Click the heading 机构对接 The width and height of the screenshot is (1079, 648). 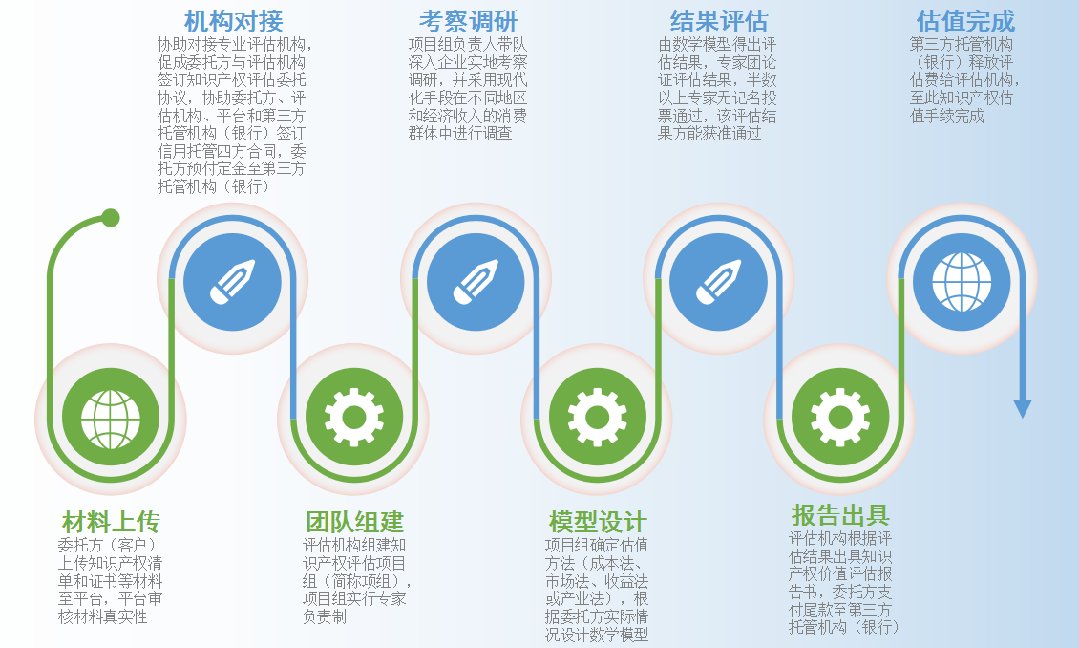click(x=233, y=21)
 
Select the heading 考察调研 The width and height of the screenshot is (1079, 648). click(x=468, y=21)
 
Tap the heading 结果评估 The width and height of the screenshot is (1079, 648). click(x=718, y=21)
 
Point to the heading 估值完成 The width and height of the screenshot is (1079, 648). click(x=965, y=21)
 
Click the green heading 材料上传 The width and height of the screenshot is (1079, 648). click(x=111, y=522)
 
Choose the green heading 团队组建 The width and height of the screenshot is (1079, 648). click(x=354, y=522)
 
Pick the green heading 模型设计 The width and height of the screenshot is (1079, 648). click(x=598, y=522)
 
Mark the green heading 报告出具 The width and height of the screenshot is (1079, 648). click(x=840, y=515)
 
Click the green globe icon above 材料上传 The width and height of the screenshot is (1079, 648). click(x=111, y=418)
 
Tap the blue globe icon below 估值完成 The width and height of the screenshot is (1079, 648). click(x=962, y=282)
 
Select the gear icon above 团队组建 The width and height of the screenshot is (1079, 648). click(x=354, y=417)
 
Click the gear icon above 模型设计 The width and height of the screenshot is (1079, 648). click(x=598, y=417)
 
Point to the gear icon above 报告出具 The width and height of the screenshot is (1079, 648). click(x=840, y=417)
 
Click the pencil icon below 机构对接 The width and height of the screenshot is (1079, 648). click(x=233, y=282)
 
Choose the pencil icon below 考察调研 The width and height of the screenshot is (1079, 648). click(x=476, y=282)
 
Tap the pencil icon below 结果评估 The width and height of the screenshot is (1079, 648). click(x=718, y=282)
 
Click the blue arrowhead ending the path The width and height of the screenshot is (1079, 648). click(x=1023, y=409)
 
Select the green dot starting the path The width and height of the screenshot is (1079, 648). click(x=110, y=218)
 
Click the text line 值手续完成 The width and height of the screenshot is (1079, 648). click(x=947, y=116)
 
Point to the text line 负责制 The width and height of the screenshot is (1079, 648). click(x=324, y=616)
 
